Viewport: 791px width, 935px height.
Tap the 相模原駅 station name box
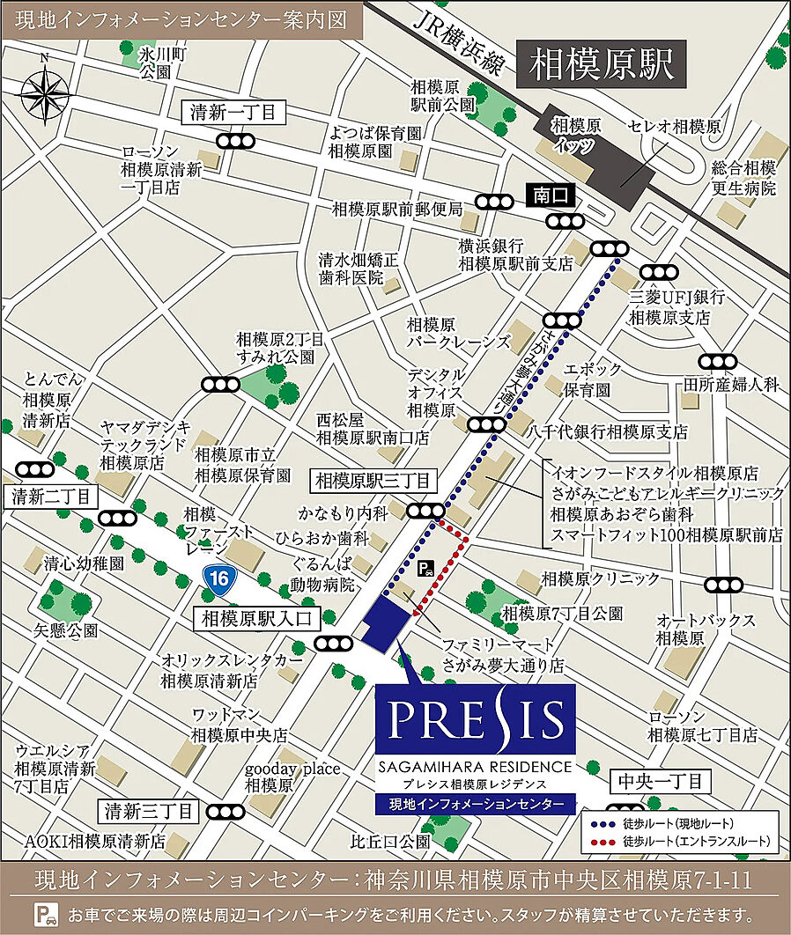point(602,63)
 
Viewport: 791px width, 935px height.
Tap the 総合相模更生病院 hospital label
point(744,178)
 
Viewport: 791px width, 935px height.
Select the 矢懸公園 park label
point(66,630)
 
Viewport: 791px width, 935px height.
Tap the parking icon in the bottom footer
point(43,913)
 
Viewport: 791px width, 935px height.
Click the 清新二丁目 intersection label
point(51,497)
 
